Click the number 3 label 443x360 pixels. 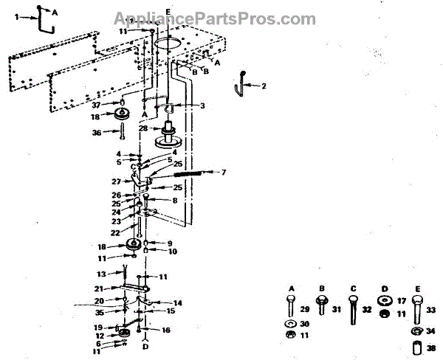pos(201,105)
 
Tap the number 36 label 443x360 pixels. pos(115,133)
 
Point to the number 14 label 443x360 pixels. pos(178,303)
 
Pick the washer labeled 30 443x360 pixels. pos(289,324)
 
